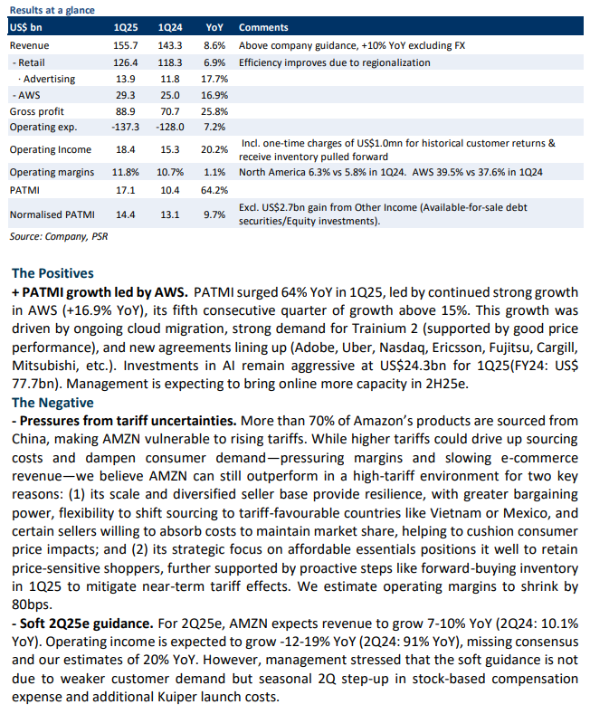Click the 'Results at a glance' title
pyautogui.click(x=52, y=10)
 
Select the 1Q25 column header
pyautogui.click(x=126, y=27)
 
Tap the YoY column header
pyautogui.click(x=214, y=27)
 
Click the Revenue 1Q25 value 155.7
pyautogui.click(x=126, y=45)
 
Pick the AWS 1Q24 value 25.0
pyautogui.click(x=170, y=95)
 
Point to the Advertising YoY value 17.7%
pyautogui.click(x=214, y=79)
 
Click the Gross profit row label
pyautogui.click(x=37, y=111)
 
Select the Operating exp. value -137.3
pyautogui.click(x=126, y=127)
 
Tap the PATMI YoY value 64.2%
pyautogui.click(x=214, y=190)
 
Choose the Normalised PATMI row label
pyautogui.click(x=52, y=214)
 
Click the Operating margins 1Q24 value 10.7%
pyautogui.click(x=170, y=172)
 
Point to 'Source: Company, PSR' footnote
pyautogui.click(x=59, y=236)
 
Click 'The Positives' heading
pyautogui.click(x=52, y=273)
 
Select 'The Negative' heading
pyautogui.click(x=52, y=403)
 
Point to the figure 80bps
pyautogui.click(x=32, y=605)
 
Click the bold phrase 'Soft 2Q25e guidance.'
pyautogui.click(x=82, y=624)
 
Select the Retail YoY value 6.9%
pyautogui.click(x=214, y=62)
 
